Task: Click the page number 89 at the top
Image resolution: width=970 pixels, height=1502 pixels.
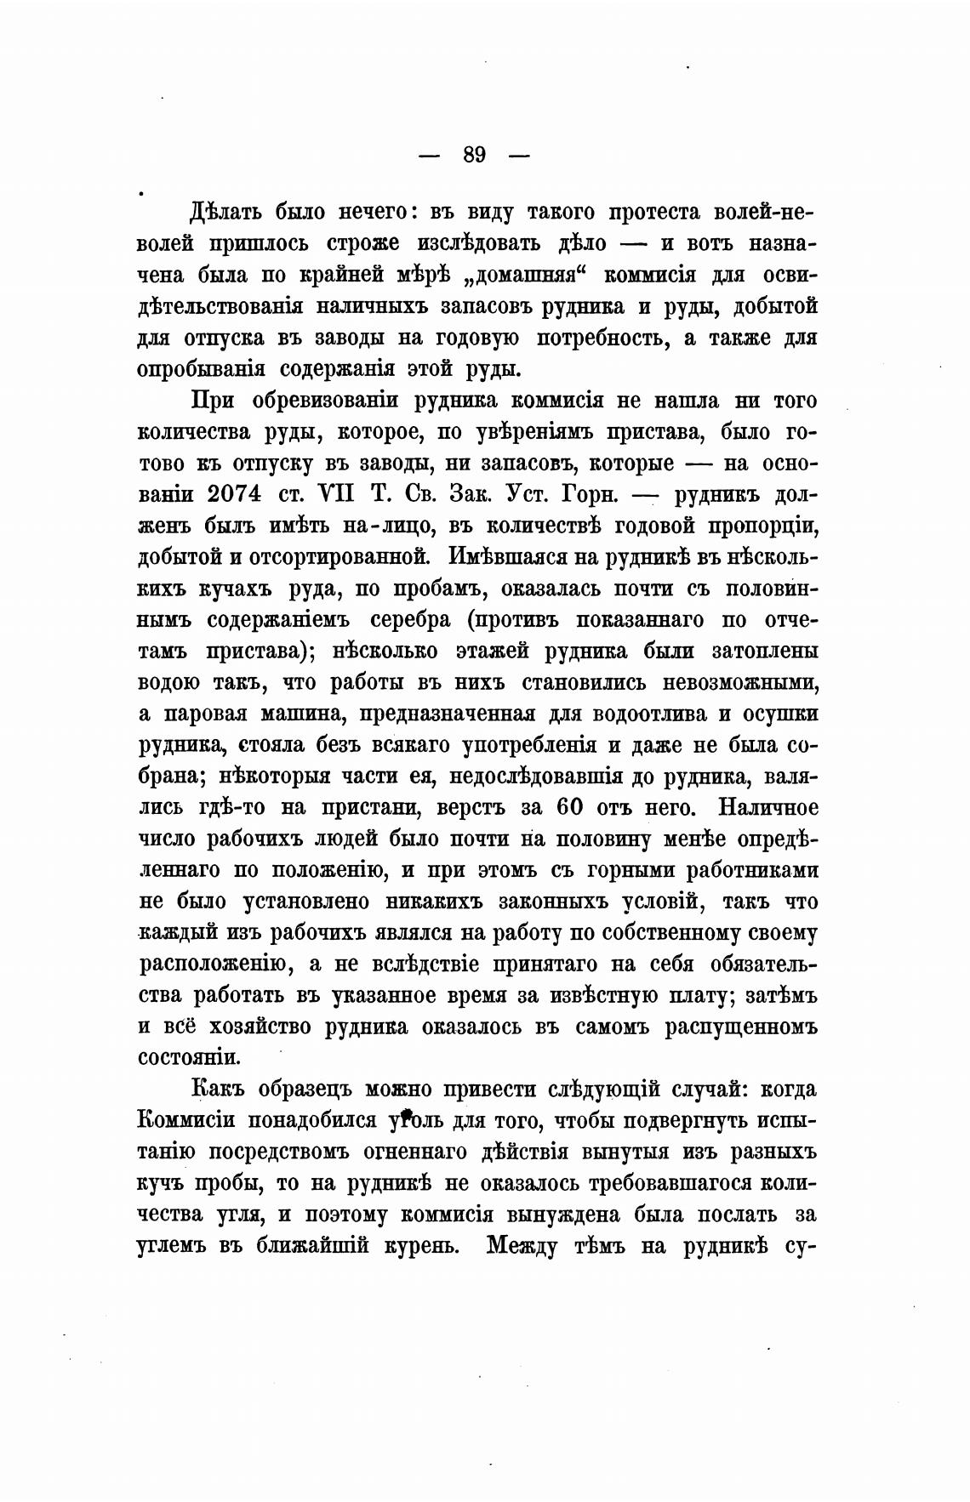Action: click(474, 155)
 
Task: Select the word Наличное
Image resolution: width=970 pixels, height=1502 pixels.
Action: click(769, 805)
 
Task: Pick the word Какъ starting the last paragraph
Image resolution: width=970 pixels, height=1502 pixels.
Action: click(220, 1090)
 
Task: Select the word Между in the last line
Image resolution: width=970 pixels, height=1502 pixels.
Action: click(526, 1247)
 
